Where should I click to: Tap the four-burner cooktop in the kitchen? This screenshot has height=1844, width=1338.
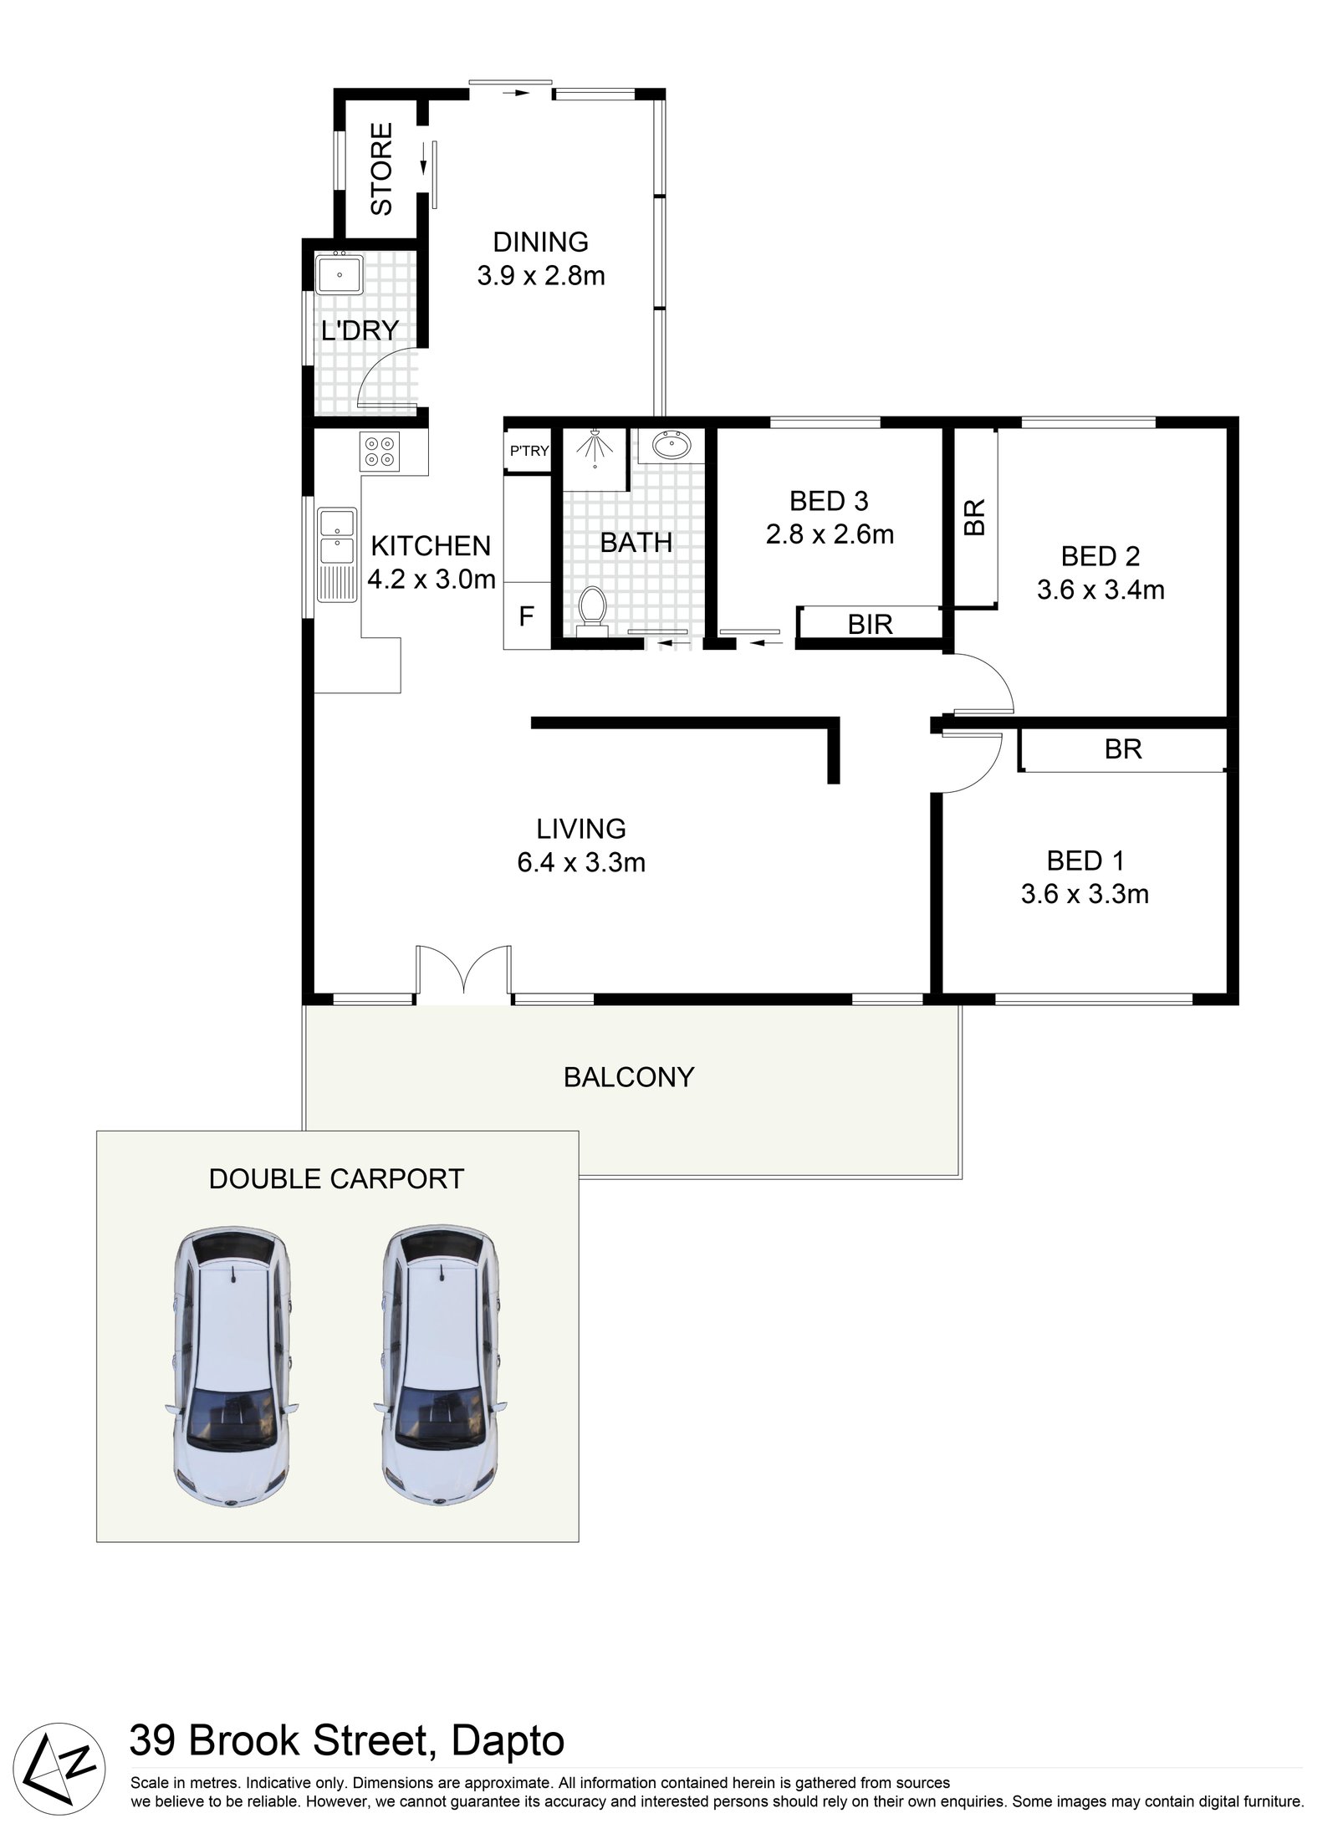379,451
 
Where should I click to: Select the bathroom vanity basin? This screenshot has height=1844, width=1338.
670,445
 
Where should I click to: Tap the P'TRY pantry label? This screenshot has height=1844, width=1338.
529,452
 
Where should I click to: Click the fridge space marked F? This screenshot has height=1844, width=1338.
526,616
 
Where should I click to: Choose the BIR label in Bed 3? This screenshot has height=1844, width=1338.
870,624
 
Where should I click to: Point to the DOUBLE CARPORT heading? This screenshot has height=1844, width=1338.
336,1178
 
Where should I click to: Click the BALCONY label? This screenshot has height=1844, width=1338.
629,1076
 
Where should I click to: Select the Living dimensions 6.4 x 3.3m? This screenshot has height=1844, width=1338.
581,862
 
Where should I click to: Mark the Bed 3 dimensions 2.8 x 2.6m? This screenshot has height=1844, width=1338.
830,534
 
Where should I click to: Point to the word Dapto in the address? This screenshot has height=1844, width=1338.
508,1742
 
